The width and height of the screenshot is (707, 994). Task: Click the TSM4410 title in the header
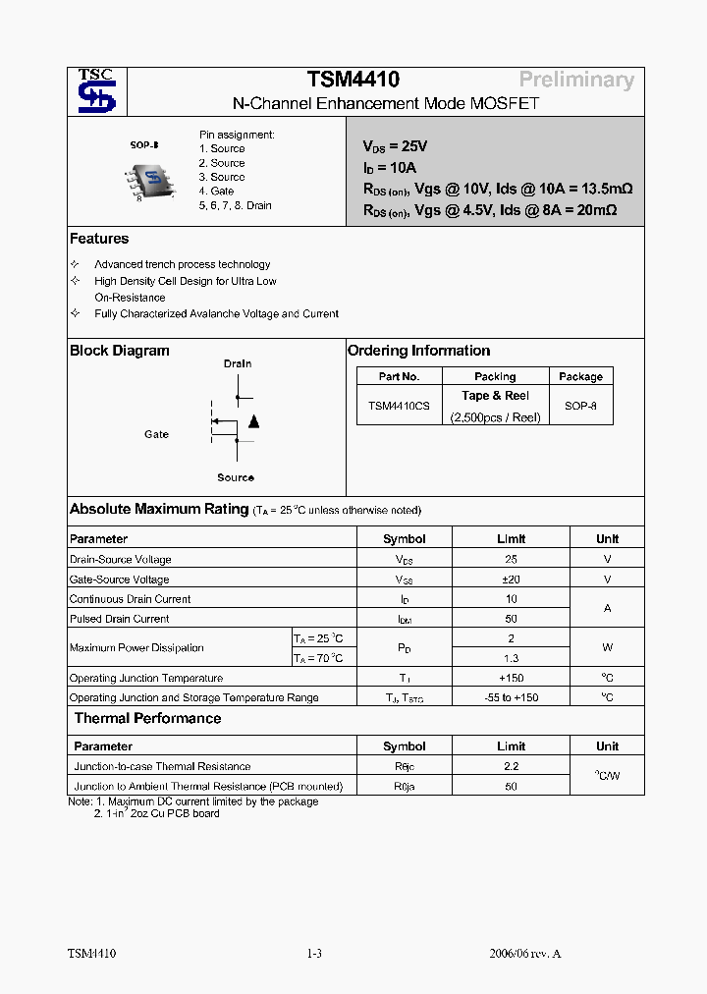tap(353, 81)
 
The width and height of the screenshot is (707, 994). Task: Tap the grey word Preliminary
tap(576, 81)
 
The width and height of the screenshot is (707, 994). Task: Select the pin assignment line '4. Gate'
tap(216, 192)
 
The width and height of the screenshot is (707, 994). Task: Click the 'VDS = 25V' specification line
tap(395, 146)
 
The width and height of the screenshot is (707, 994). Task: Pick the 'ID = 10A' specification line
tap(390, 167)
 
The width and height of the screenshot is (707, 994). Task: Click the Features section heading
tap(99, 239)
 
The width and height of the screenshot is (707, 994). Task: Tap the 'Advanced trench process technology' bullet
tap(182, 264)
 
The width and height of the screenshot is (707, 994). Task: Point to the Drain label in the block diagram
tap(237, 363)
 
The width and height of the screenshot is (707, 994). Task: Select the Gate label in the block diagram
tap(156, 434)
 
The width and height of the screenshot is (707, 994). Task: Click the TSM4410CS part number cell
tap(399, 406)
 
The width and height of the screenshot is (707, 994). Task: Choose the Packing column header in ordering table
tap(495, 376)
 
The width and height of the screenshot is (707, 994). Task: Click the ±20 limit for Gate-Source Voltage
tap(511, 580)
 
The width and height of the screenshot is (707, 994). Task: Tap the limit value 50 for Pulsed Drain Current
tap(511, 619)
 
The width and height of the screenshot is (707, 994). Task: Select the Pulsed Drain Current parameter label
tap(119, 619)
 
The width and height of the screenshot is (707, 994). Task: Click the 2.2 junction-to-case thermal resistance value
tap(511, 766)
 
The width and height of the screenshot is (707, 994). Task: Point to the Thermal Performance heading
tap(147, 718)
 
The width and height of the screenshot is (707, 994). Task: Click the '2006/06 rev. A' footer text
tap(524, 954)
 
